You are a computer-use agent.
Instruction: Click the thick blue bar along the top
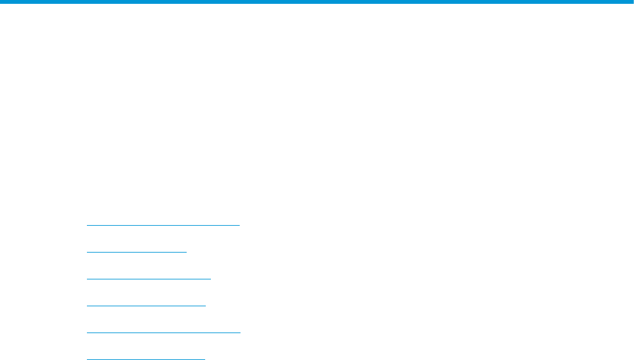click(317, 2)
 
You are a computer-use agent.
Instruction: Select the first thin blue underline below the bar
click(163, 225)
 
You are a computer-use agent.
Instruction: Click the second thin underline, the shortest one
click(136, 252)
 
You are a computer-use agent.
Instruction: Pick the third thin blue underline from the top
click(148, 279)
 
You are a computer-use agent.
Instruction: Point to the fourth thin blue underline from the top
click(146, 306)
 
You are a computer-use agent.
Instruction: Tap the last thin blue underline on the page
click(146, 359)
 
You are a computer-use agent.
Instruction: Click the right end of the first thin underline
click(239, 225)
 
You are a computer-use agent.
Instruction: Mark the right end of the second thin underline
click(186, 252)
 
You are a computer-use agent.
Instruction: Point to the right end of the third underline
click(210, 279)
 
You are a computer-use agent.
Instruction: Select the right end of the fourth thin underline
click(205, 306)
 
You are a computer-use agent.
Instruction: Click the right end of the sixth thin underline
click(205, 359)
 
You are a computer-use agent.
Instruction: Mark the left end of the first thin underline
click(87, 225)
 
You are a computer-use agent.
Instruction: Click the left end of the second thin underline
click(87, 252)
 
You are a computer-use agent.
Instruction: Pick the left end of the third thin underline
click(87, 279)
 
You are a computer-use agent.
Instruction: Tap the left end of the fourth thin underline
click(87, 306)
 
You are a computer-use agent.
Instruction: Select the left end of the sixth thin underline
click(87, 359)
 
